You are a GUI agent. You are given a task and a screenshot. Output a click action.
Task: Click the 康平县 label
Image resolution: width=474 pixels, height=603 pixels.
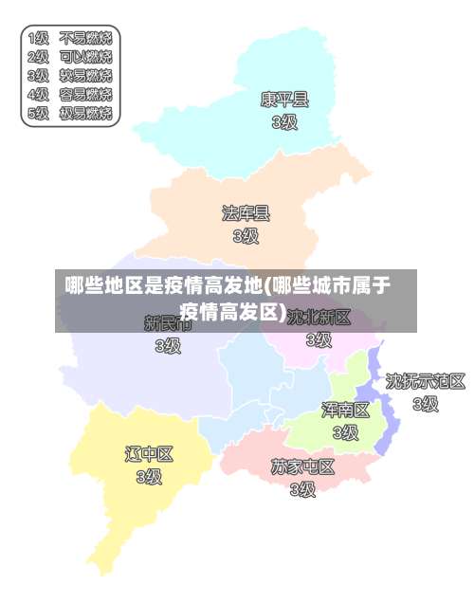click(284, 99)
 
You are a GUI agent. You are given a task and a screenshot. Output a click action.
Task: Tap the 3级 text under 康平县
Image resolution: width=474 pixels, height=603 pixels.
click(284, 121)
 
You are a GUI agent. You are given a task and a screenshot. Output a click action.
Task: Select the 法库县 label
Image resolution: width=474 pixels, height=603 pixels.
click(246, 212)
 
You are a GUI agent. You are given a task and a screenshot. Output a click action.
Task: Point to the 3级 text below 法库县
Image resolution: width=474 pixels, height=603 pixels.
click(246, 235)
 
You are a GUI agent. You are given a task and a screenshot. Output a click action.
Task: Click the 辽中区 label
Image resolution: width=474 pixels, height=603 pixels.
click(149, 454)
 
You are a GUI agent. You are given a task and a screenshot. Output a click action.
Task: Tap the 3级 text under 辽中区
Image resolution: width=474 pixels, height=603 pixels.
click(149, 477)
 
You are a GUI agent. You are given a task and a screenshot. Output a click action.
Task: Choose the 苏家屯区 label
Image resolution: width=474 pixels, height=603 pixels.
click(302, 466)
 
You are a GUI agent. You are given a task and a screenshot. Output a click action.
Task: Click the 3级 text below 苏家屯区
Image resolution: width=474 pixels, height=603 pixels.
click(302, 489)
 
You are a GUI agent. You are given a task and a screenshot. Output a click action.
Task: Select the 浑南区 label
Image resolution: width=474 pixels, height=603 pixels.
click(345, 410)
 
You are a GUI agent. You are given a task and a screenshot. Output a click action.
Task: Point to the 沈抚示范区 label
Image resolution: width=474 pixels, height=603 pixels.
click(425, 381)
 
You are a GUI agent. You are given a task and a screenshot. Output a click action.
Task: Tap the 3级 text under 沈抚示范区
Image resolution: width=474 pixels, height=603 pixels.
click(425, 404)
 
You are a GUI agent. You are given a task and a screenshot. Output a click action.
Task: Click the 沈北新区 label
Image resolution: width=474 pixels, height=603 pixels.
click(319, 317)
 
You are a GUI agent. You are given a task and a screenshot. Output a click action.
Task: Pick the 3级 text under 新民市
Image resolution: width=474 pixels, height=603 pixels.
click(168, 346)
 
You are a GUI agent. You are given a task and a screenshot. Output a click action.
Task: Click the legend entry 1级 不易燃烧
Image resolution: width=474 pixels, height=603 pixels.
click(70, 39)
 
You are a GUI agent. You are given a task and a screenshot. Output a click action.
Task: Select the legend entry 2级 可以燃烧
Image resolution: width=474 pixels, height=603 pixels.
click(70, 57)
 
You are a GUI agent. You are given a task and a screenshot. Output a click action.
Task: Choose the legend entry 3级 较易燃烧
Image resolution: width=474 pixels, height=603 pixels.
click(70, 76)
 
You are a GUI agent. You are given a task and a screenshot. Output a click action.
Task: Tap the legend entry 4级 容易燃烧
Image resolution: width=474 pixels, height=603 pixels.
click(70, 95)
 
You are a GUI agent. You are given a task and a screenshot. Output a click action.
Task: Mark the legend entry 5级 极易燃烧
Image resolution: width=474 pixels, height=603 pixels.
click(70, 114)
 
